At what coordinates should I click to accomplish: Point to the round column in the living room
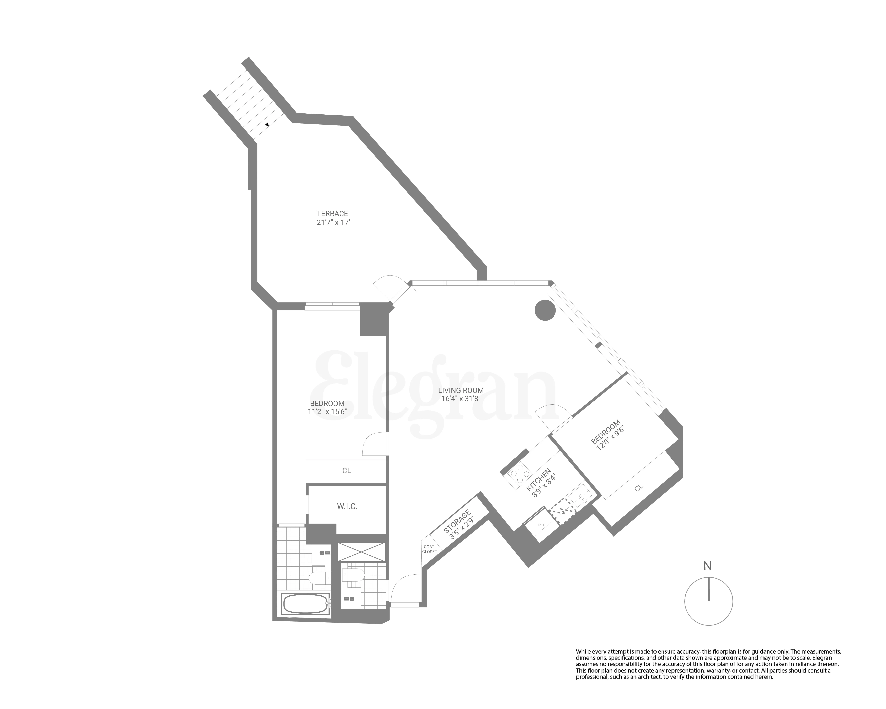tap(545, 310)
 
